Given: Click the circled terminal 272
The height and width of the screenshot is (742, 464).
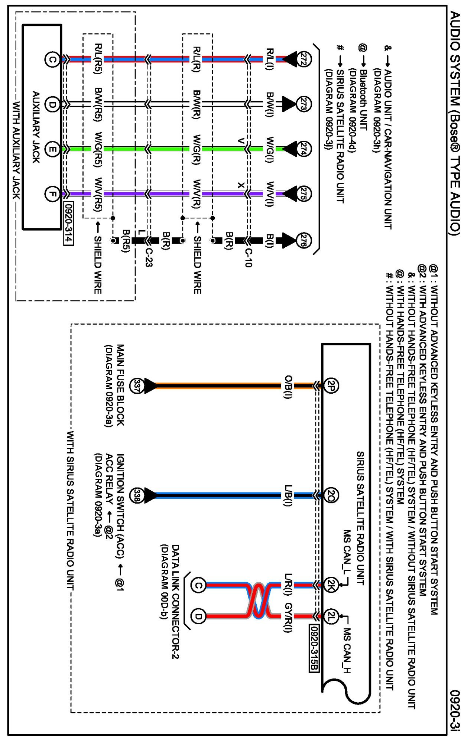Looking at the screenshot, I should [303, 59].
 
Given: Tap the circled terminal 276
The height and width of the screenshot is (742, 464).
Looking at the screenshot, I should [303, 240].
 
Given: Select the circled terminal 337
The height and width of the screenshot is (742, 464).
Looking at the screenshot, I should [137, 386].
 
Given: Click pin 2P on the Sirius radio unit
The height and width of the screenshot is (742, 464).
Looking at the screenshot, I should [331, 386].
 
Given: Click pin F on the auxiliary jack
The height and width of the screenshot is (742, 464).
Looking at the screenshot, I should [52, 193].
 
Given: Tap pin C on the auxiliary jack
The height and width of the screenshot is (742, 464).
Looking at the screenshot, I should [52, 59].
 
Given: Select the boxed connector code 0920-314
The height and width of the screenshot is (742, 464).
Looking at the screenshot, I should [68, 224].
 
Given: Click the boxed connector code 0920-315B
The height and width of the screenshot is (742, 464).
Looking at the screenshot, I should [314, 648].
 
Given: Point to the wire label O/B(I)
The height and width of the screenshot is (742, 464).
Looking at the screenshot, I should [288, 387].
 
